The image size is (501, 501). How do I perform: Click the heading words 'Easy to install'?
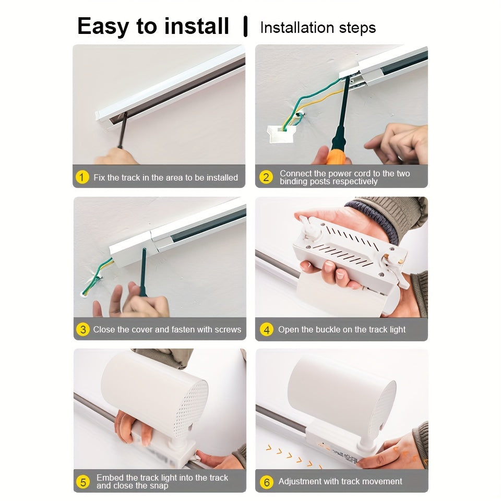[153, 26]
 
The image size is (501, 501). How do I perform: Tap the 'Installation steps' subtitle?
[318, 27]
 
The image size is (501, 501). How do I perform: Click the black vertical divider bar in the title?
[245, 27]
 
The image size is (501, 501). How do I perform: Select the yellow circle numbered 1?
[82, 177]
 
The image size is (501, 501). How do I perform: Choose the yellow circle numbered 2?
[266, 177]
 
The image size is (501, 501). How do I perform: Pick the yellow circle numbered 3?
[82, 329]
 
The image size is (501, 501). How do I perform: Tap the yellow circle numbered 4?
[266, 329]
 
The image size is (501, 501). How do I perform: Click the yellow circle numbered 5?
[82, 482]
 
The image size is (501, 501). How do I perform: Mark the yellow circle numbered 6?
[266, 482]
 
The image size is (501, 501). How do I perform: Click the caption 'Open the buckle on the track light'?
[342, 329]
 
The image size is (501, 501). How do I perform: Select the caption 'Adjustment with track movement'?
[340, 482]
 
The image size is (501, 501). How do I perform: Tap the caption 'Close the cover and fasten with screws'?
[167, 329]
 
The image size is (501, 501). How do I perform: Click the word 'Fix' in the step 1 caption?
[99, 177]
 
